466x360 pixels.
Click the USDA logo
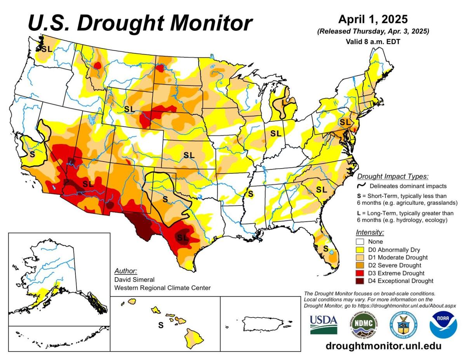click(323, 325)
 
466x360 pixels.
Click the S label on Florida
click(326, 248)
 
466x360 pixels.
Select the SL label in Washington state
click(47, 49)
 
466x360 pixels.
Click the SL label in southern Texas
click(183, 237)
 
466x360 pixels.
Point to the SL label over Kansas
click(189, 155)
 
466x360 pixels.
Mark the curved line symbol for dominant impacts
click(361, 186)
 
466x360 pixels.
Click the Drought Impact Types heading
click(393, 176)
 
